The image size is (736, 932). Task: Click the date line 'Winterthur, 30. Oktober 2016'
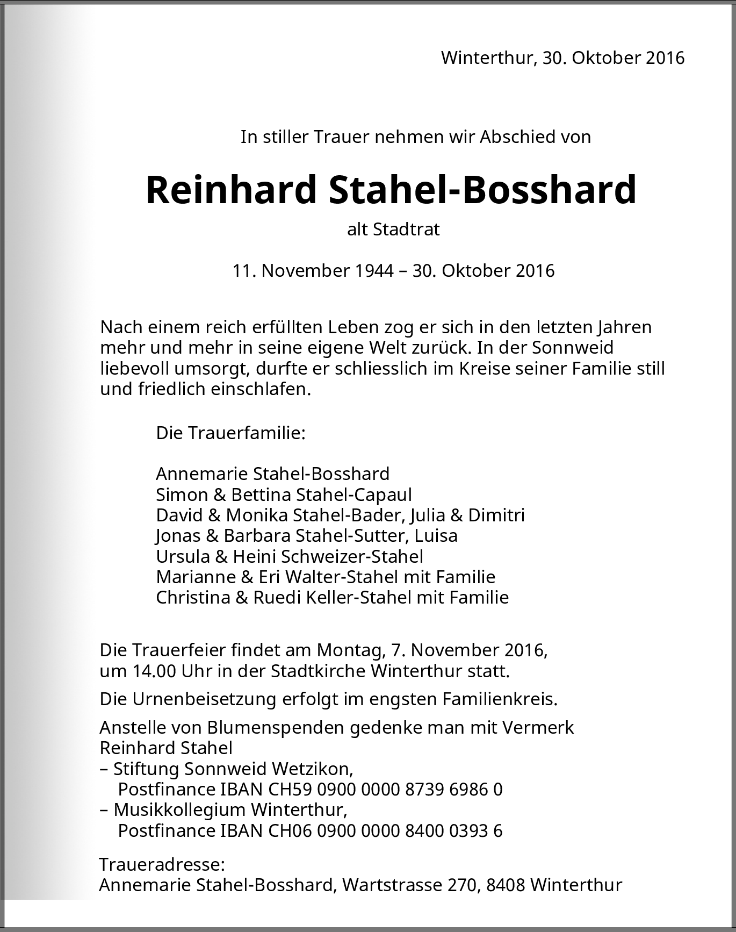coord(562,58)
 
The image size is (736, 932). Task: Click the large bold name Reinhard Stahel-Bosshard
coord(391,190)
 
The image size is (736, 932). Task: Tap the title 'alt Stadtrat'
coord(393,230)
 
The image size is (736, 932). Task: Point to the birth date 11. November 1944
coord(313,270)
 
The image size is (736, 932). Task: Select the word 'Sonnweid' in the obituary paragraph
coord(573,347)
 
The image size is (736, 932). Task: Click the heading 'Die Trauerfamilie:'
coord(230,433)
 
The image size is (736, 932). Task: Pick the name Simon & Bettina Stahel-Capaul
coord(284,494)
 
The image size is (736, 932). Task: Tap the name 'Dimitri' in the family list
coord(496,515)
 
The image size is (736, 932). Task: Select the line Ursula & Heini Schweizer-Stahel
coord(289,556)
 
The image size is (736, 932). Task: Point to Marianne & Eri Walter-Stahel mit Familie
coord(326,577)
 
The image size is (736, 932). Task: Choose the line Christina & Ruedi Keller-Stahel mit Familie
coord(332,597)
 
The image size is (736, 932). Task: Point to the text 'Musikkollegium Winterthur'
coord(230,810)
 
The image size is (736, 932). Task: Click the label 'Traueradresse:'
coord(162,865)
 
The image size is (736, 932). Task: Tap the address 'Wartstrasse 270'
coord(409,885)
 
